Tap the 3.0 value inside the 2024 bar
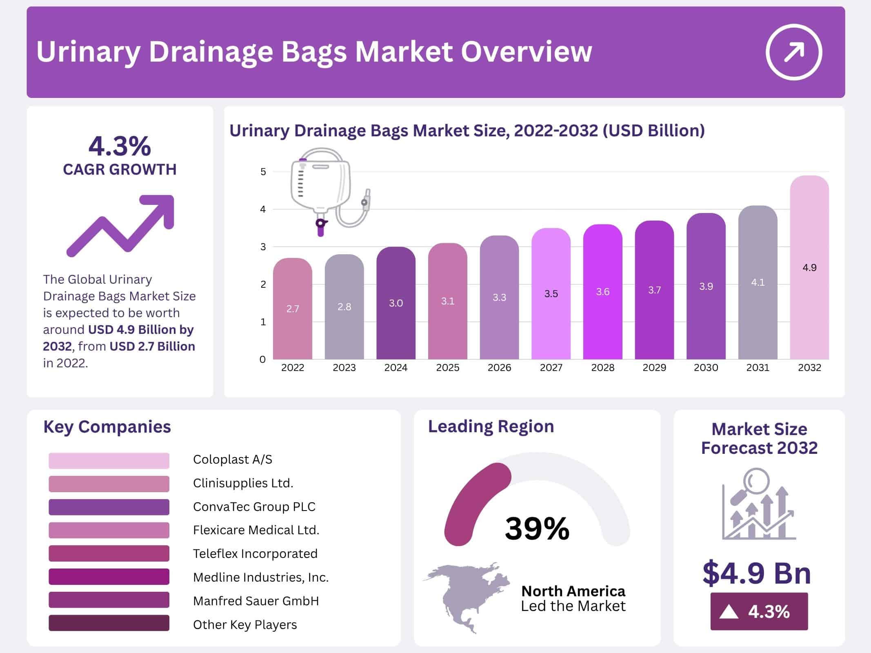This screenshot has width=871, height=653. click(396, 303)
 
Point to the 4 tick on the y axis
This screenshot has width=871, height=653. click(263, 209)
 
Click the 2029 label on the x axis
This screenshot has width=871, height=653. click(654, 368)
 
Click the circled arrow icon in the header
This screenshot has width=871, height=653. click(793, 52)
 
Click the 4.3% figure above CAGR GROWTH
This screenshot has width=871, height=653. click(120, 146)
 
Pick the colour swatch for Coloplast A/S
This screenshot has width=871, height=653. click(109, 460)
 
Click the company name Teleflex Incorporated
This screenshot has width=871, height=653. click(255, 554)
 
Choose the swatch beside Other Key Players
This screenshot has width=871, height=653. click(109, 623)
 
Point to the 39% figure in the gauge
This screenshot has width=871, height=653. click(537, 529)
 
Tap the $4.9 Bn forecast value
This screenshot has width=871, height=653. click(757, 573)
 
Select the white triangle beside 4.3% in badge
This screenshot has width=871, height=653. click(729, 612)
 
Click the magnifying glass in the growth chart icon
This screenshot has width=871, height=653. click(755, 483)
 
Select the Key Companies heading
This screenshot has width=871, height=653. click(107, 427)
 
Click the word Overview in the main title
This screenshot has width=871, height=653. click(526, 52)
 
